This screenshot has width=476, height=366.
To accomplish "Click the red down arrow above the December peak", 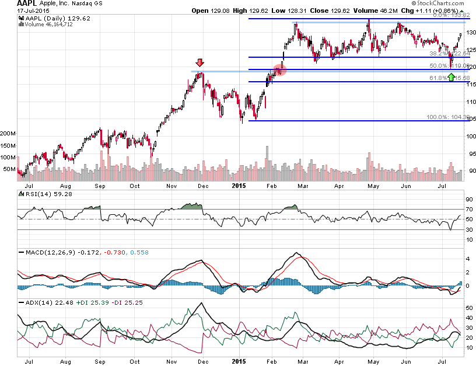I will (199, 63).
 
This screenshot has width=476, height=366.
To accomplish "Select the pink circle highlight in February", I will (280, 70).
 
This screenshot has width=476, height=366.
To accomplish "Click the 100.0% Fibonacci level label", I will (440, 117).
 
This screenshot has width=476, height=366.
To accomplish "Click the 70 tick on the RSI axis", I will (468, 208).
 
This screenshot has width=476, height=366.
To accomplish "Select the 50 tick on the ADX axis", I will (468, 306).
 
